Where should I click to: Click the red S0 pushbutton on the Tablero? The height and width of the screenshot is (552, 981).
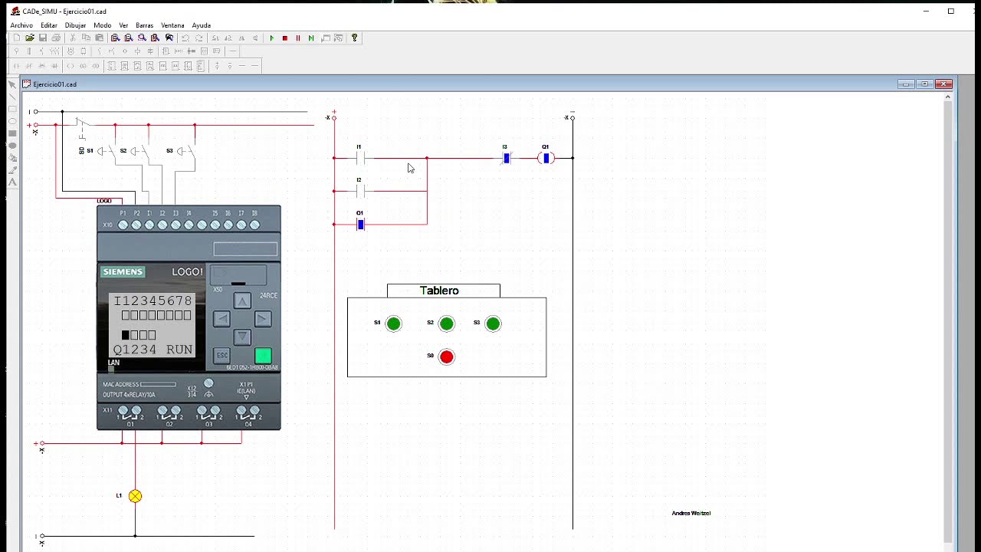click(x=447, y=356)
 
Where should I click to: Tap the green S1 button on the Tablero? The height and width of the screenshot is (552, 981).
click(x=393, y=324)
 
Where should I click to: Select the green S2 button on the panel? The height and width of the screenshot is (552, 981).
click(x=447, y=324)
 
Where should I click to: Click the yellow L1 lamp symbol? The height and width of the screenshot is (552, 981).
click(x=135, y=496)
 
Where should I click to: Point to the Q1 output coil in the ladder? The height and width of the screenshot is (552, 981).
click(x=546, y=159)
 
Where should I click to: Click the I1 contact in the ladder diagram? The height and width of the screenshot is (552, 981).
click(x=360, y=159)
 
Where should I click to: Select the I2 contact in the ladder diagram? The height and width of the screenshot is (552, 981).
click(x=360, y=191)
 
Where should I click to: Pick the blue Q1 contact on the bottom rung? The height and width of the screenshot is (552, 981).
click(x=360, y=225)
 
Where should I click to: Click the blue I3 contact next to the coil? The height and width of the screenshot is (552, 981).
click(x=506, y=159)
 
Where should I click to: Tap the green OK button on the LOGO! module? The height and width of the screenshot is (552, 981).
click(x=263, y=356)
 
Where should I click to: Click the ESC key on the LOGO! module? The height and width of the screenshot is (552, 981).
click(x=221, y=356)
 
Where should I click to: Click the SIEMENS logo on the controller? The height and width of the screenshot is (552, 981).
click(x=123, y=272)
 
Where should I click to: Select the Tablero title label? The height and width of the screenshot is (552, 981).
click(x=440, y=291)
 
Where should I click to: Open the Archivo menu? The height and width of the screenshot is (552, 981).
click(x=21, y=25)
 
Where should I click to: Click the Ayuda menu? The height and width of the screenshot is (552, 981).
click(x=201, y=25)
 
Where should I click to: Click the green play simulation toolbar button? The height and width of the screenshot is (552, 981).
click(x=271, y=38)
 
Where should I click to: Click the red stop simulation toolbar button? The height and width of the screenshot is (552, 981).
click(x=284, y=38)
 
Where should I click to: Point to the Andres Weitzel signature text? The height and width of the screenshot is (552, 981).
click(x=691, y=513)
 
